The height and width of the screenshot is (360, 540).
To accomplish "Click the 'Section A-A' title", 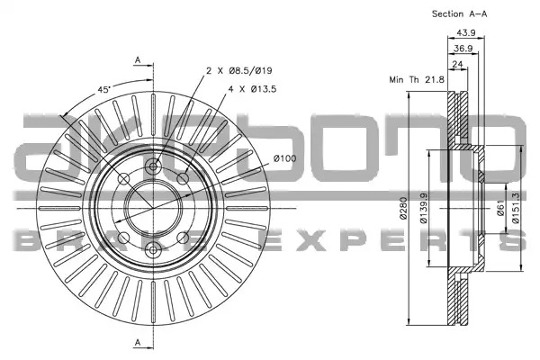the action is [459, 14].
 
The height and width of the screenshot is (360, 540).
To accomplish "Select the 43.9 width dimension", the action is [466, 32].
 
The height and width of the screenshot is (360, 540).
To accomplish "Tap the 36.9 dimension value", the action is [463, 49].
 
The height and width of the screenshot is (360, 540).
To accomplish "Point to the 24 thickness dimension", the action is [457, 64].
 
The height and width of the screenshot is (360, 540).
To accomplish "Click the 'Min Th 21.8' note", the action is [417, 79].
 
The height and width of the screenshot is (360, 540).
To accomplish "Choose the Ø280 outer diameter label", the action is [403, 208].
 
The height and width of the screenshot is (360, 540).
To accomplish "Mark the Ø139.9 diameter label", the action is [424, 208].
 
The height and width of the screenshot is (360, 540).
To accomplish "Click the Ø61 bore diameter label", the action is [500, 208].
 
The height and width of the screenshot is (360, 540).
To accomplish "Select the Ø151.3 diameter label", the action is [516, 208].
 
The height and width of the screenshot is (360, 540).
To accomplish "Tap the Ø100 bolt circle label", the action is [284, 158].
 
